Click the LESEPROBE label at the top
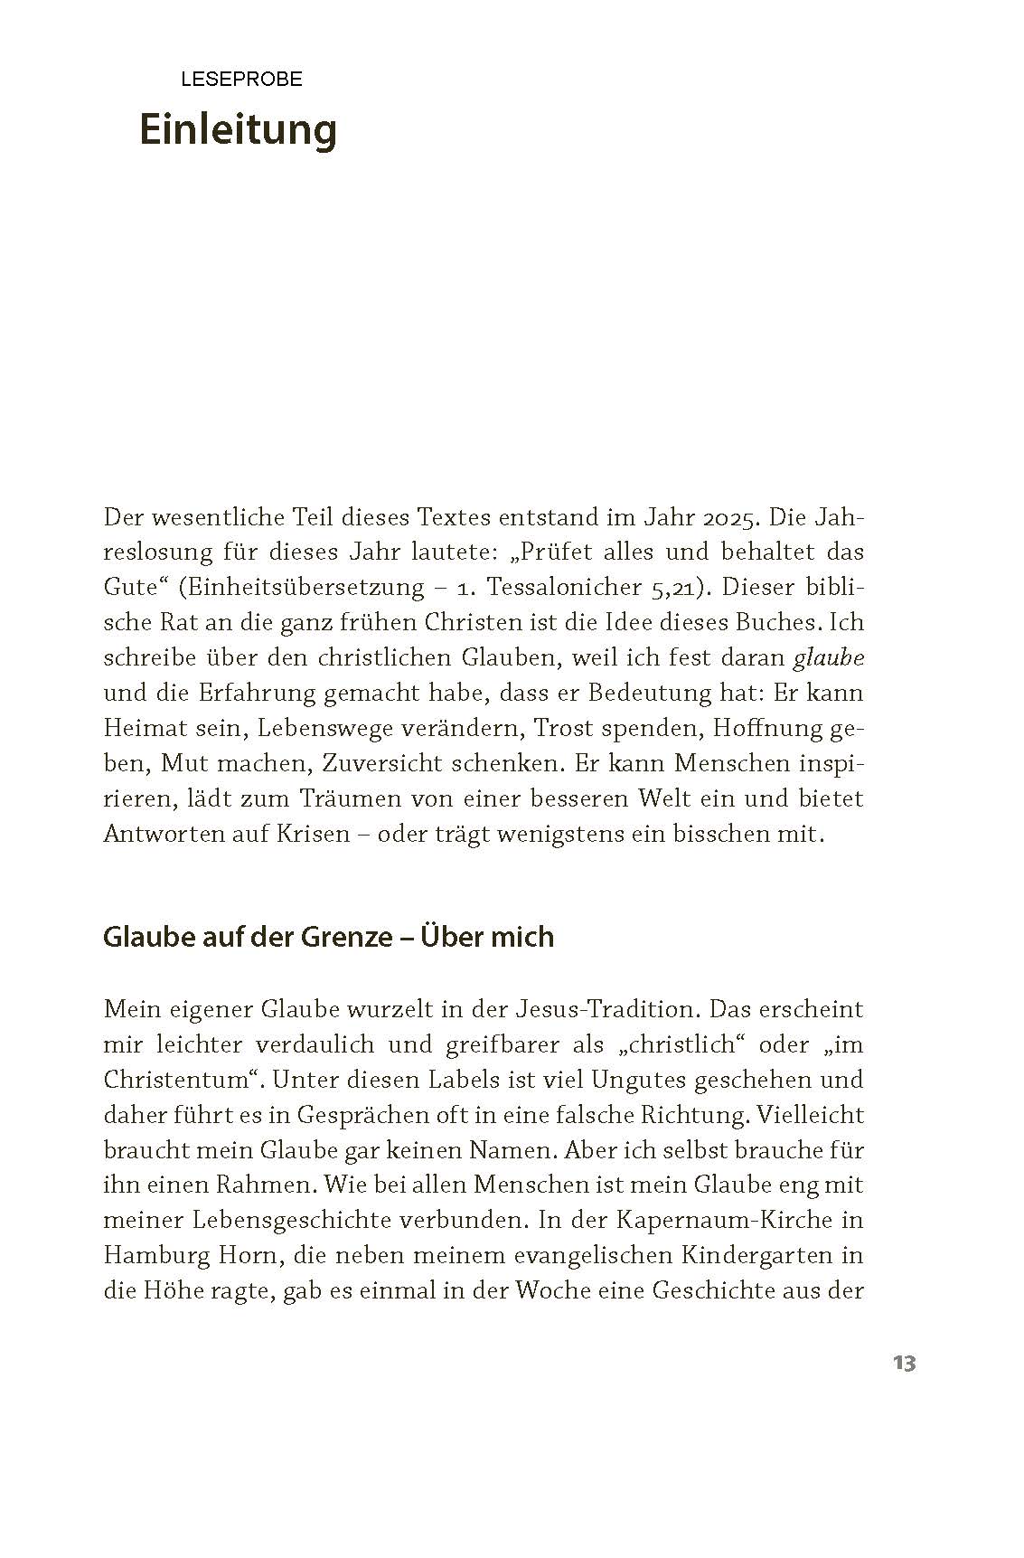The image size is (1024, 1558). (241, 80)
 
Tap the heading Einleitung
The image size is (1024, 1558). (238, 130)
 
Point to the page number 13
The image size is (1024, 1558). (904, 1364)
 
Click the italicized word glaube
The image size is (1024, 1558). (828, 658)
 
